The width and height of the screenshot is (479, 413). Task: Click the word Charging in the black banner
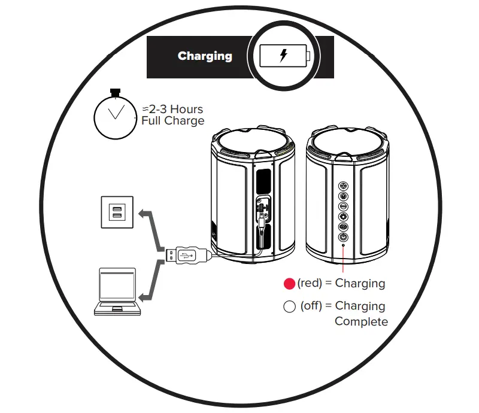205,56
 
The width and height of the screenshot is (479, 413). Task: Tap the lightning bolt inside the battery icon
284,56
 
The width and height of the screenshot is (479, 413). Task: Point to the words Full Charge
173,121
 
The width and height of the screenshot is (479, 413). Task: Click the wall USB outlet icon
117,212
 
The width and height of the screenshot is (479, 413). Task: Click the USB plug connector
187,255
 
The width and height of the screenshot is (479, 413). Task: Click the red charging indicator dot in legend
289,284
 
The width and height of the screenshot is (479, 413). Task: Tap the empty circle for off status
289,307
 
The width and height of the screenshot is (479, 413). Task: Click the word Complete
361,322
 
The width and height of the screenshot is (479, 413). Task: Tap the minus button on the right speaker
344,206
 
